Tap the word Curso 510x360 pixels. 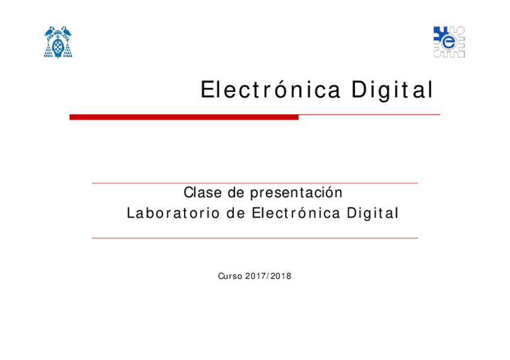[230, 276]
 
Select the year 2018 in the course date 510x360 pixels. [281, 276]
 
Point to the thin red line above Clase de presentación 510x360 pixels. [254, 183]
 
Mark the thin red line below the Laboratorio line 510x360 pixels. [254, 238]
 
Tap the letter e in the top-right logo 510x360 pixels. [448, 41]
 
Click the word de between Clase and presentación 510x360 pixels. [236, 193]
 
